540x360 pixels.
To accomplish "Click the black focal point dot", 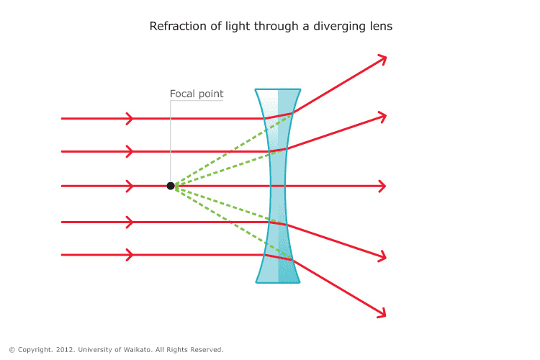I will click(x=171, y=186).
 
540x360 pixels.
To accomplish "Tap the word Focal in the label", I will click(x=183, y=94).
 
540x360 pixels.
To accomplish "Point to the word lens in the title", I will click(x=380, y=27).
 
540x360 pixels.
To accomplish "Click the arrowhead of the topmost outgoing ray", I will click(x=383, y=58).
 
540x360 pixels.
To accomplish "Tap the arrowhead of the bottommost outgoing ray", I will click(x=382, y=313).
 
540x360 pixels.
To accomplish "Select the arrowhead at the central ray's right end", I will click(x=383, y=186).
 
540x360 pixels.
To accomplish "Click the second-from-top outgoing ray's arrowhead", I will click(x=383, y=115).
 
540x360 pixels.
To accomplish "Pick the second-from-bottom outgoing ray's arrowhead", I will click(x=383, y=256).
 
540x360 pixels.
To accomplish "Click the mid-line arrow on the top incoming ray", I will click(x=130, y=118).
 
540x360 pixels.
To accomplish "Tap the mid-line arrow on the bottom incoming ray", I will click(x=130, y=255).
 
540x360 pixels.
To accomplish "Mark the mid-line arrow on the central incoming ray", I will click(x=130, y=186).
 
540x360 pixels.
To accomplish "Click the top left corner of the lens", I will click(x=256, y=90).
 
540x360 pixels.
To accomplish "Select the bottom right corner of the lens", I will click(x=300, y=282).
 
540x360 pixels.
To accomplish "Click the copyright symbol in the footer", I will click(x=12, y=350).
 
